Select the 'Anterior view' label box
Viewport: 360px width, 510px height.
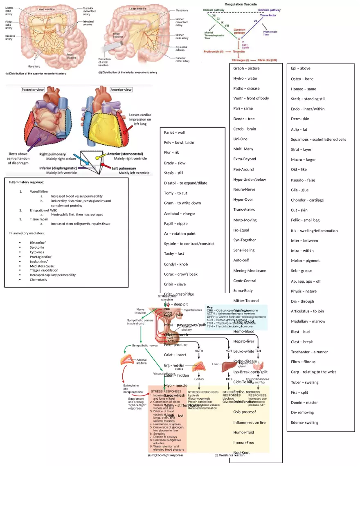[121, 90]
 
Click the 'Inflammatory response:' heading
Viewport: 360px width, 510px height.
[26, 182]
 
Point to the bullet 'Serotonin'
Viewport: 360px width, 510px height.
[37, 247]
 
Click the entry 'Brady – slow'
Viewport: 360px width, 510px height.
[175, 163]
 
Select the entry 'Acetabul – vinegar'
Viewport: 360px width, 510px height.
[180, 213]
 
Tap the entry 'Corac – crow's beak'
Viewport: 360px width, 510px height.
[181, 274]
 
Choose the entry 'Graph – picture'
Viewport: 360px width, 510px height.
[246, 68]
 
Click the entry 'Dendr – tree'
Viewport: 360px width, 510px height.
[244, 119]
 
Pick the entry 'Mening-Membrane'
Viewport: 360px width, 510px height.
[250, 270]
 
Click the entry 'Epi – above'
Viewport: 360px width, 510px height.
[301, 68]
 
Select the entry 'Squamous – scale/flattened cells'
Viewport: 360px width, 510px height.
[318, 139]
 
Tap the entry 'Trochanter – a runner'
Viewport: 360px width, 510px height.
[309, 352]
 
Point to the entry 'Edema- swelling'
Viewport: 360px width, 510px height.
[304, 422]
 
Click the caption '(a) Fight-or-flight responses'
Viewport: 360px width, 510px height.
[165, 455]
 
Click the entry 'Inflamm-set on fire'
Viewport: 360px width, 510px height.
[249, 422]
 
